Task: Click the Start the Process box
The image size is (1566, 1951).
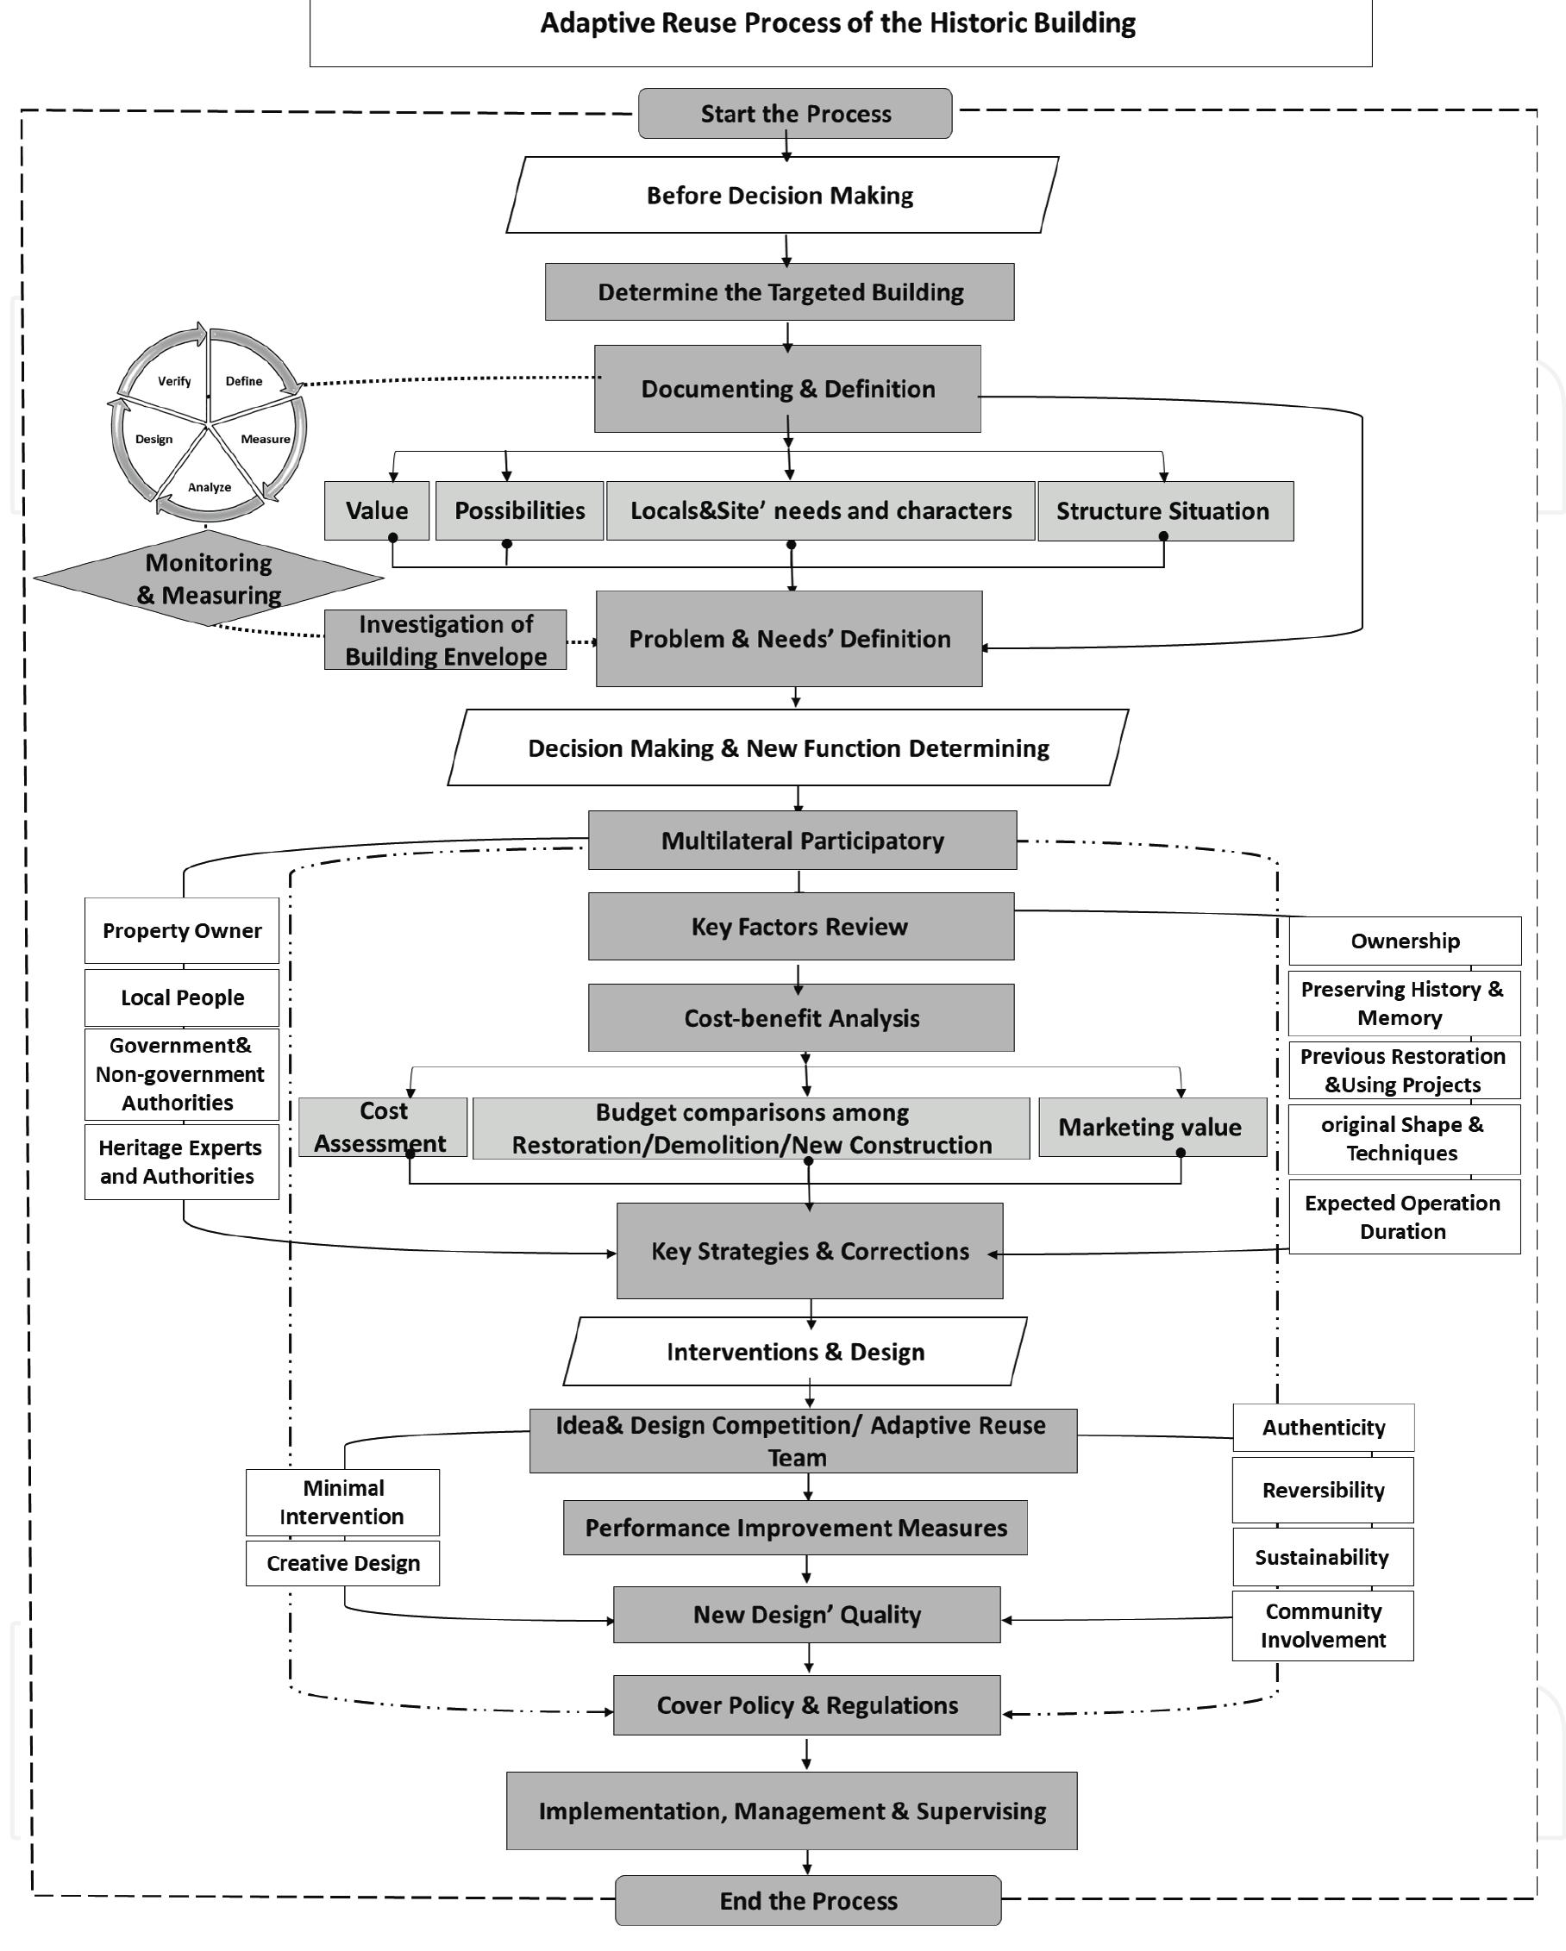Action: pyautogui.click(x=795, y=113)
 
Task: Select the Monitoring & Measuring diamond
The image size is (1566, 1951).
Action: pyautogui.click(x=208, y=579)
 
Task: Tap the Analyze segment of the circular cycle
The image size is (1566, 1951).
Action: pyautogui.click(x=209, y=487)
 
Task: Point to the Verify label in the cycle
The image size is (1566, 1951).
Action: pyautogui.click(x=174, y=381)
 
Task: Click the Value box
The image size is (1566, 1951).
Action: pyautogui.click(x=377, y=510)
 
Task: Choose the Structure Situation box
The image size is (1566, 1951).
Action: pyautogui.click(x=1164, y=510)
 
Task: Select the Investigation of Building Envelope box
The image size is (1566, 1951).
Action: pyautogui.click(x=445, y=640)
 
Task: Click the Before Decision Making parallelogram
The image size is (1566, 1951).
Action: pyautogui.click(x=780, y=196)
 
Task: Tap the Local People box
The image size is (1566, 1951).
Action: pyautogui.click(x=182, y=997)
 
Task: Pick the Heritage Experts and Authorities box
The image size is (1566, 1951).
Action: pyautogui.click(x=181, y=1162)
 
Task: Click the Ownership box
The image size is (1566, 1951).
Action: pyautogui.click(x=1404, y=941)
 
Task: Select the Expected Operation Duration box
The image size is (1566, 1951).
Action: pyautogui.click(x=1403, y=1217)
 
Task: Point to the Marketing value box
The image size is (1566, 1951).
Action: pyautogui.click(x=1150, y=1127)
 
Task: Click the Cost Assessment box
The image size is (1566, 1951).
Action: pyautogui.click(x=382, y=1127)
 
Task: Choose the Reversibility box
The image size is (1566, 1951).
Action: pyautogui.click(x=1323, y=1491)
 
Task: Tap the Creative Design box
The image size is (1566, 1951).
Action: pyautogui.click(x=342, y=1563)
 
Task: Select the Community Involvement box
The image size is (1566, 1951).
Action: pyautogui.click(x=1323, y=1625)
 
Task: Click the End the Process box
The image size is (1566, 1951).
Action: pyautogui.click(x=807, y=1900)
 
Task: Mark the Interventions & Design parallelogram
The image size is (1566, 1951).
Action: pyautogui.click(x=795, y=1352)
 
